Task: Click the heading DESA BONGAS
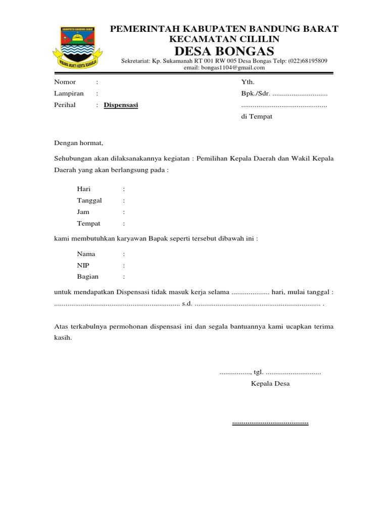click(224, 51)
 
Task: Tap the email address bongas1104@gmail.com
click(224, 67)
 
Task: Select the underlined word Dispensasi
click(121, 105)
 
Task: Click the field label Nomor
click(65, 82)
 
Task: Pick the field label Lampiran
click(69, 93)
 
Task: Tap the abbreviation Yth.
click(248, 82)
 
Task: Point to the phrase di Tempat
click(257, 117)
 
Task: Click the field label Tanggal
click(89, 200)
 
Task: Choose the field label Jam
click(83, 212)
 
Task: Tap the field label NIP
click(83, 265)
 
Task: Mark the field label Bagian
click(88, 277)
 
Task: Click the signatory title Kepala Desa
click(270, 384)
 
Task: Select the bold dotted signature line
click(270, 423)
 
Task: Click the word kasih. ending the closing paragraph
click(63, 338)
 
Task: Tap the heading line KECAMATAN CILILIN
click(224, 39)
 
